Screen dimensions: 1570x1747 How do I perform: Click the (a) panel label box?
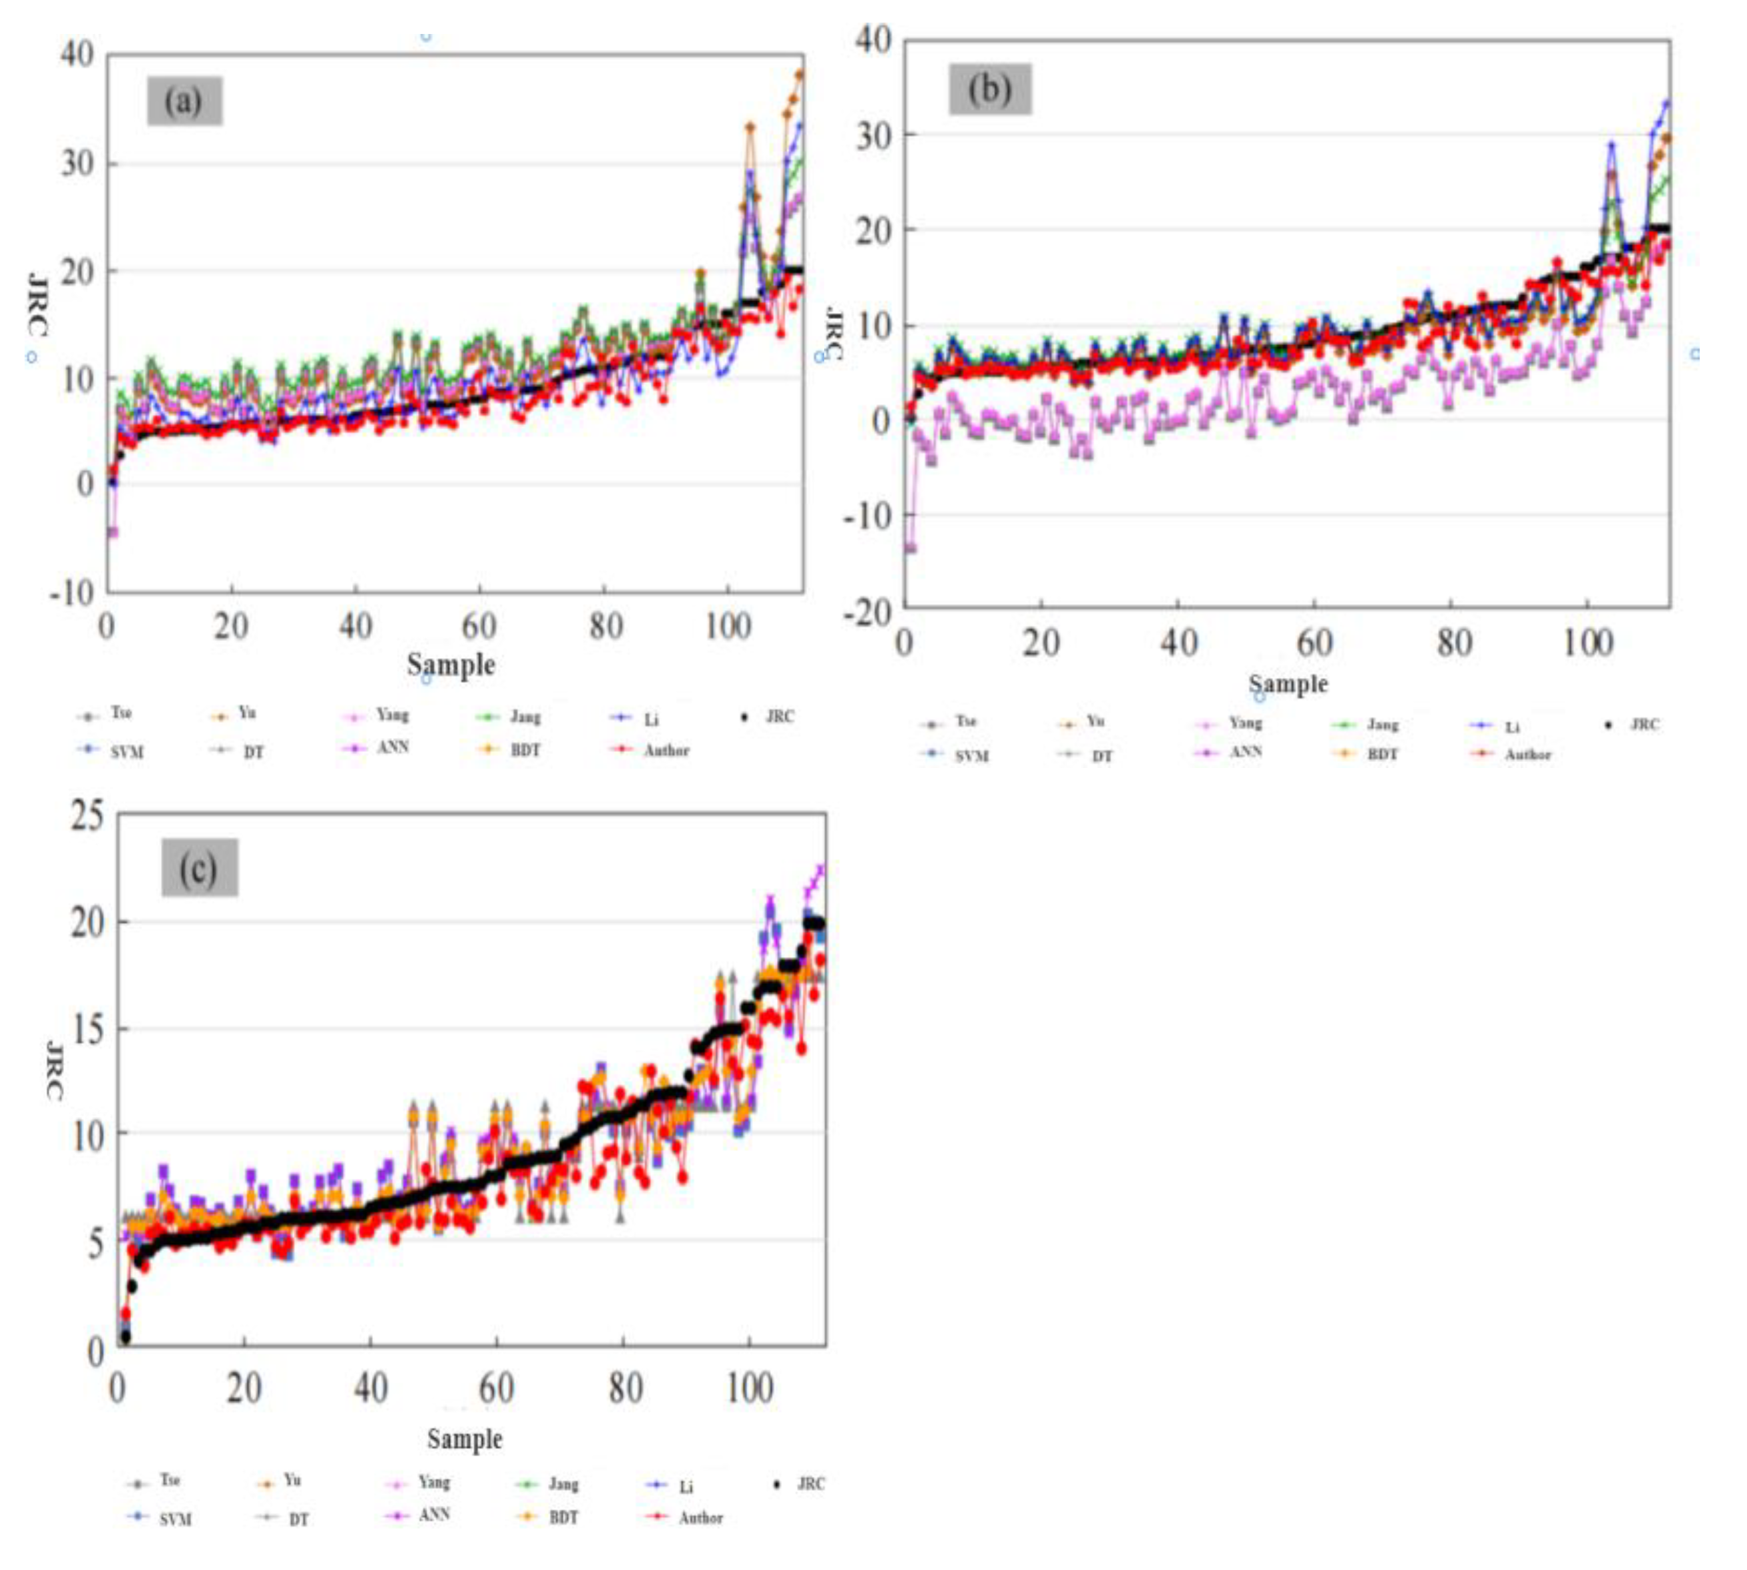[184, 101]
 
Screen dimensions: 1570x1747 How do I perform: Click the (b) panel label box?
[989, 89]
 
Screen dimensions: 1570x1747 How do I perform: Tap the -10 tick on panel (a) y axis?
[73, 591]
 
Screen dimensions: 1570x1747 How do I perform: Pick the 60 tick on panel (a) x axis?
[479, 626]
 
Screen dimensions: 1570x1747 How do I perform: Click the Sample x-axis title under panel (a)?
[450, 664]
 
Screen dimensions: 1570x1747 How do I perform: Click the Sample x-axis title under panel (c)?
[464, 1438]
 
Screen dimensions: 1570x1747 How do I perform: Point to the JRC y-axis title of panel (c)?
[53, 1070]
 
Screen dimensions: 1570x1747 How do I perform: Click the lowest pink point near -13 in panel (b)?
[909, 547]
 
